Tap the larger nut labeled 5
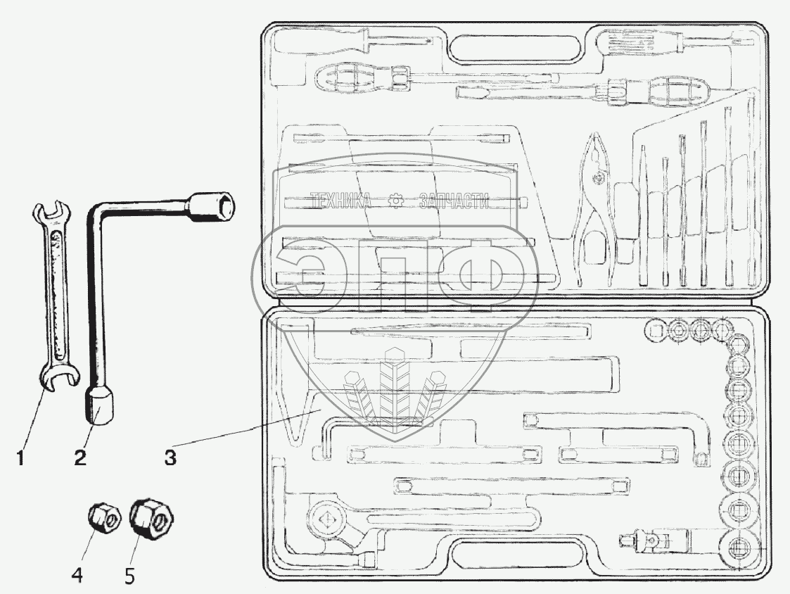[151, 521]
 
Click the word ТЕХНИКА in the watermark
[341, 201]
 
